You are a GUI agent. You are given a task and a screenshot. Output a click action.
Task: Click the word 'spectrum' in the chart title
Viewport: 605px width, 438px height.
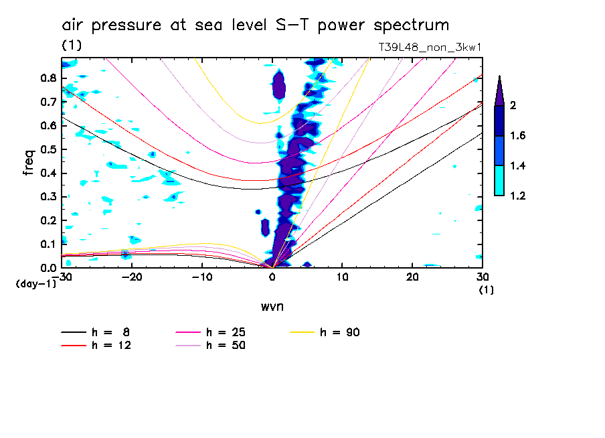pos(414,25)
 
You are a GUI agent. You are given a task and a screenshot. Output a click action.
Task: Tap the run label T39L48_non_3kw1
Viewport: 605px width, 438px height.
pos(430,46)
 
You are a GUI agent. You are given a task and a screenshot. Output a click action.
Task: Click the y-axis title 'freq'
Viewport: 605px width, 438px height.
pos(29,163)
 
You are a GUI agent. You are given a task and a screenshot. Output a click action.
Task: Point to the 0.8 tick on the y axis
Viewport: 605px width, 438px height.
pos(48,78)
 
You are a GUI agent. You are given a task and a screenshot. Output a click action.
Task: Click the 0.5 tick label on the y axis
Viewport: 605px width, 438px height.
pos(48,149)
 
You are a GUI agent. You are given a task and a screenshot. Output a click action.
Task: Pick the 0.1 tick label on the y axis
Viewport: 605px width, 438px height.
pos(48,244)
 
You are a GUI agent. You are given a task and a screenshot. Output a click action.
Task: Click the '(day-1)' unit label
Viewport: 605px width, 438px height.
pos(35,284)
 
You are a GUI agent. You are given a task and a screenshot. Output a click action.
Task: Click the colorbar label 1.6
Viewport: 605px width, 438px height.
pos(518,136)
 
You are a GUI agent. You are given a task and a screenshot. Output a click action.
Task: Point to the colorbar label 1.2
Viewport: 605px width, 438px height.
pos(518,196)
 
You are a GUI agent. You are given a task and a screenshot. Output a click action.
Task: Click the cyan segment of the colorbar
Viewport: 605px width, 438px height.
pos(499,181)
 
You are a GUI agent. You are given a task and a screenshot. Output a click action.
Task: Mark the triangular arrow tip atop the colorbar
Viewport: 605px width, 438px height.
pos(499,91)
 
